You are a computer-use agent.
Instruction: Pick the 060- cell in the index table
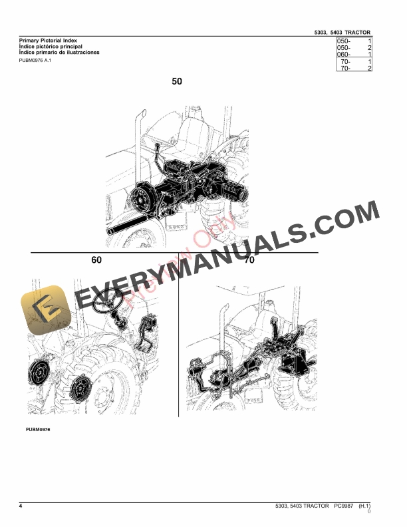coord(343,55)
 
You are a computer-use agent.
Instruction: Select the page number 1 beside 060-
coord(369,55)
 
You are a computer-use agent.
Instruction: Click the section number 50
coord(177,82)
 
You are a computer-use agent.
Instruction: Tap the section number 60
coord(97,261)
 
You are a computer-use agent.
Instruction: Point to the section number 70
coord(249,261)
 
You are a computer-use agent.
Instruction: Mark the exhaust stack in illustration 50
coord(140,136)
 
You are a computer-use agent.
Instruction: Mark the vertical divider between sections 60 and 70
coord(178,346)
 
